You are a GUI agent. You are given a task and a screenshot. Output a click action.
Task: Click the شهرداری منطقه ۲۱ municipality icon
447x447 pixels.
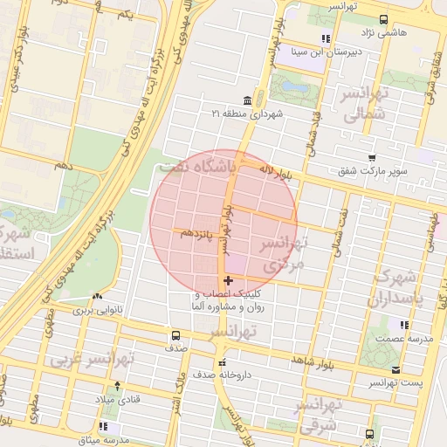pyautogui.click(x=248, y=100)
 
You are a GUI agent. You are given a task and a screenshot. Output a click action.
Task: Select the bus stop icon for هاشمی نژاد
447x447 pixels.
pyautogui.click(x=383, y=19)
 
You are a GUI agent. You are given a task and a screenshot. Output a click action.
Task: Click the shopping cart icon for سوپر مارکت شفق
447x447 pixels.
pyautogui.click(x=372, y=158)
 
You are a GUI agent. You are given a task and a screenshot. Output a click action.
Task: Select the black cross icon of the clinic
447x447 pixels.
pyautogui.click(x=229, y=280)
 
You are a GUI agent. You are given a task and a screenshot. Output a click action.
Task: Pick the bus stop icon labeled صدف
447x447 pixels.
pyautogui.click(x=176, y=334)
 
